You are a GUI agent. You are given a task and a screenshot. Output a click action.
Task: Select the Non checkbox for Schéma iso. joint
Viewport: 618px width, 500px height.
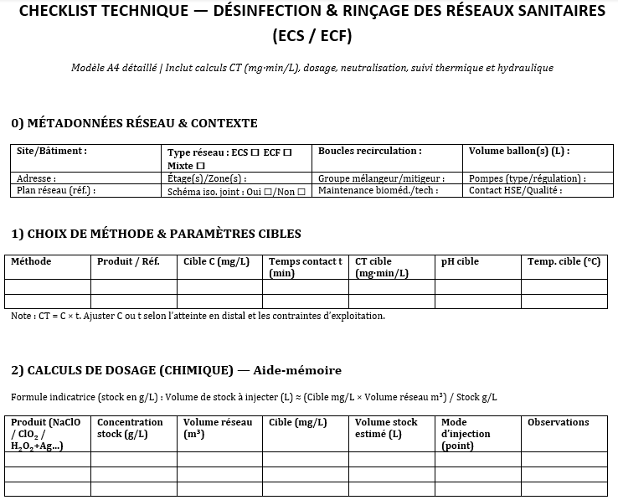pyautogui.click(x=301, y=192)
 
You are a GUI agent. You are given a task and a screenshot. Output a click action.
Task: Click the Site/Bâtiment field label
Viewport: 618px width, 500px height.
pyautogui.click(x=52, y=152)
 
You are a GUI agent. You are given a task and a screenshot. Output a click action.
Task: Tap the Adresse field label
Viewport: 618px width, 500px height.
pyautogui.click(x=37, y=178)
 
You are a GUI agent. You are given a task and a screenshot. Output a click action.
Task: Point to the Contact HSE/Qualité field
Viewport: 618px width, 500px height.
pyautogui.click(x=515, y=191)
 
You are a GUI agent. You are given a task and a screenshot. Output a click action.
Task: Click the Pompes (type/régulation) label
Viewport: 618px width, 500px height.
pyautogui.click(x=527, y=178)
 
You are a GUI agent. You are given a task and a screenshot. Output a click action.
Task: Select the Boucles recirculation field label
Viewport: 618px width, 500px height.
pyautogui.click(x=369, y=152)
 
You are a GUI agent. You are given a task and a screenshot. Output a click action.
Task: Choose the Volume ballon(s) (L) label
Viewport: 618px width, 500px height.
pyautogui.click(x=518, y=152)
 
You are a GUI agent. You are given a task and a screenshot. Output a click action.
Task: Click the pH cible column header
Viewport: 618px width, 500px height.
pyautogui.click(x=460, y=262)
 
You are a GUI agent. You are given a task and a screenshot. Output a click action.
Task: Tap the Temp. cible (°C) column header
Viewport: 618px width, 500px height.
pyautogui.click(x=564, y=262)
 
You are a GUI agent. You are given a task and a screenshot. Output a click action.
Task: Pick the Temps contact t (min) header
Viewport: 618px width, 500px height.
pyautogui.click(x=305, y=267)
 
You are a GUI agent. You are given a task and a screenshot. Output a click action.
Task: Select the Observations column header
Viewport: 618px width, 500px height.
pyautogui.click(x=558, y=423)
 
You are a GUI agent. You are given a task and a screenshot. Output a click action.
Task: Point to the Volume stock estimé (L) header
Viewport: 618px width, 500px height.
pyautogui.click(x=386, y=428)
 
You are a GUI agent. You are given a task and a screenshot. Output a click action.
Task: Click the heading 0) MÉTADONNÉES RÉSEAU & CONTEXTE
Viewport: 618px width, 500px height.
pyautogui.click(x=134, y=123)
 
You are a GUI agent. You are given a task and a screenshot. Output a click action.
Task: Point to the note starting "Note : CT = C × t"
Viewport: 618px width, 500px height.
pyautogui.click(x=198, y=317)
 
